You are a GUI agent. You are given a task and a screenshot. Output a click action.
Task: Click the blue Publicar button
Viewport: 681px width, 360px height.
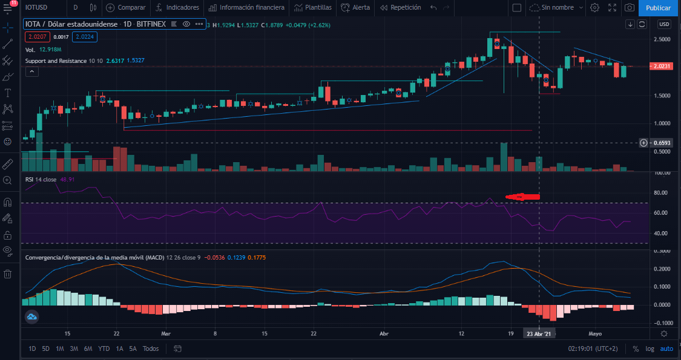658,8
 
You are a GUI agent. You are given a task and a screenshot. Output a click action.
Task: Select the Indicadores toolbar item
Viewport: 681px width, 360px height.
177,8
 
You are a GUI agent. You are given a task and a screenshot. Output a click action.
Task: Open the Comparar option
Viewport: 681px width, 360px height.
127,8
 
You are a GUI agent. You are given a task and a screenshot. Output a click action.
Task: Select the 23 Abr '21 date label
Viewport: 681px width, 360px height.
539,333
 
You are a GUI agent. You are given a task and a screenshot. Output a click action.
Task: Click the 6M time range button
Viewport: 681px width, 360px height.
88,349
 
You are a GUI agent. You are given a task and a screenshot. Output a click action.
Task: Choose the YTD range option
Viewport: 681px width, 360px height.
104,349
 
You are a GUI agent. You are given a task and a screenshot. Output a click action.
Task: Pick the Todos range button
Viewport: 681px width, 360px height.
151,349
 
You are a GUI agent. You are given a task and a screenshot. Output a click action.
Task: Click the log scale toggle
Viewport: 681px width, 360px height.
650,349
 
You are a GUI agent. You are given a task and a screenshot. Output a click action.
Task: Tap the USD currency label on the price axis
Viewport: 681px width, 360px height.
664,24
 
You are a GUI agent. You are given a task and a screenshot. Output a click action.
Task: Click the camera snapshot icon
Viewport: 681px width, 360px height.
630,8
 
